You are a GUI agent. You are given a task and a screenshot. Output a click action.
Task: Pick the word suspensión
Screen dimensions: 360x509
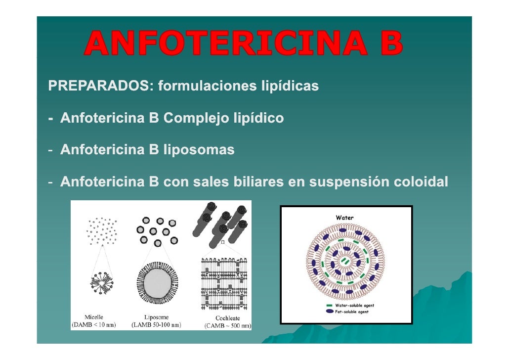click(347, 182)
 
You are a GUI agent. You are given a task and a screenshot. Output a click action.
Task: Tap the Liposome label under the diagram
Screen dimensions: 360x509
click(156, 317)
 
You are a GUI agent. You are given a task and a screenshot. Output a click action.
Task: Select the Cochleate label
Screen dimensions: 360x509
click(227, 318)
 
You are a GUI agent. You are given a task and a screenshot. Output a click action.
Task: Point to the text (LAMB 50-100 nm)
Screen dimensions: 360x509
click(156, 325)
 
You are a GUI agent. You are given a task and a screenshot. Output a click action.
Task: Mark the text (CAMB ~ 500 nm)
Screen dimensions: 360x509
click(228, 326)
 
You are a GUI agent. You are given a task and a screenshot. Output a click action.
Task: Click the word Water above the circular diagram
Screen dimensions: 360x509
click(344, 217)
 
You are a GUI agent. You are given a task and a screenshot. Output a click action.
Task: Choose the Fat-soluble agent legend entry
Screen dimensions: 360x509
click(352, 312)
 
